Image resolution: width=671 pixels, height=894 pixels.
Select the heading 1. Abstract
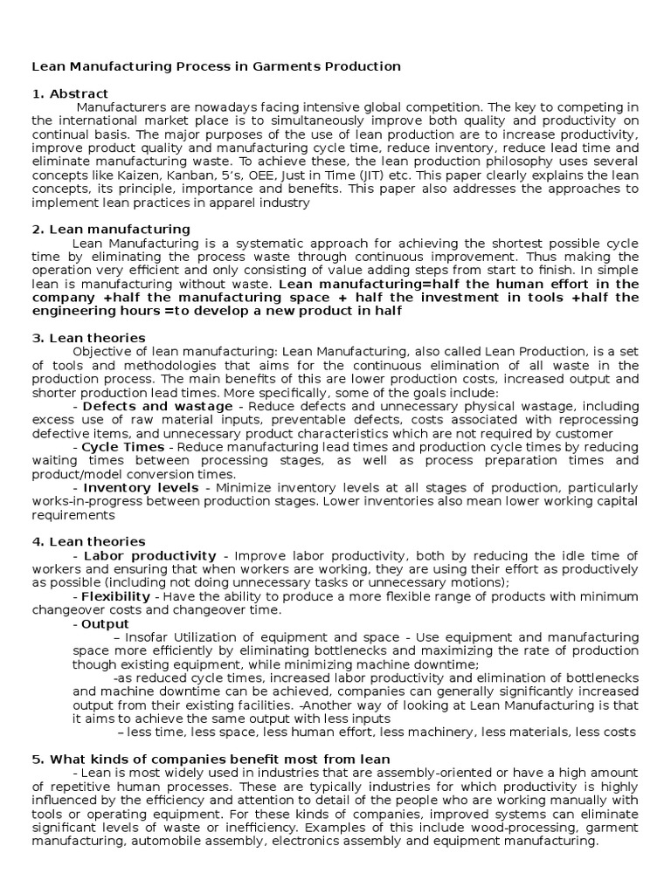pos(70,94)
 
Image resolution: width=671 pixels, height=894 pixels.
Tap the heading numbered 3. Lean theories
pos(88,338)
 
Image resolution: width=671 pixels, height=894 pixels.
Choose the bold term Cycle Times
pos(122,447)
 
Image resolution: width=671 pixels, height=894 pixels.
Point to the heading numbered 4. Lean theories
pos(88,542)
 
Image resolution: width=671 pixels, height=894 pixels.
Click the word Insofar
pos(149,637)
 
